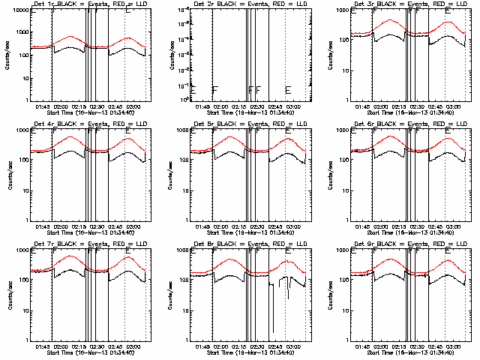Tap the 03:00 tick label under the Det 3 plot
[x=451, y=106]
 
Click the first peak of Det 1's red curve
[x=70, y=36]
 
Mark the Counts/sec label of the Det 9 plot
[x=328, y=295]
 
